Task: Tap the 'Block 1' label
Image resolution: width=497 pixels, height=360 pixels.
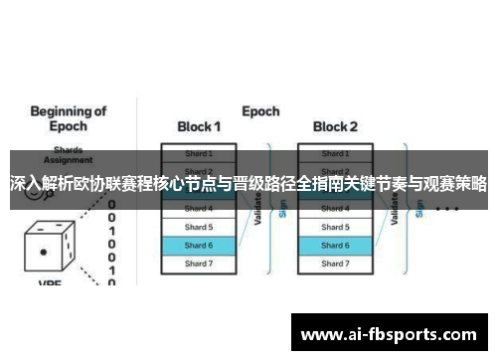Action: click(x=199, y=127)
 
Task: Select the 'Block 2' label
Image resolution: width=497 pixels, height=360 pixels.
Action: click(x=336, y=127)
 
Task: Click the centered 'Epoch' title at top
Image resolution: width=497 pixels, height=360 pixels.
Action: click(x=260, y=111)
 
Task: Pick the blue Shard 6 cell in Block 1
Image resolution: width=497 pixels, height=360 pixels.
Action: click(x=198, y=245)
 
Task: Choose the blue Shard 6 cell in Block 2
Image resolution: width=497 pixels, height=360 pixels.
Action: click(x=335, y=245)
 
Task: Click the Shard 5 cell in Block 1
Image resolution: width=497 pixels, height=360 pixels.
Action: click(x=198, y=227)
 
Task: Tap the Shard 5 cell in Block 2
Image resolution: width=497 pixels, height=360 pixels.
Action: click(x=335, y=227)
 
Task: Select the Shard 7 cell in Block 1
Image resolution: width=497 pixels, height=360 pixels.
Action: click(x=198, y=263)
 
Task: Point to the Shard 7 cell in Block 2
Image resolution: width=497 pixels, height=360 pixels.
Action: click(x=335, y=263)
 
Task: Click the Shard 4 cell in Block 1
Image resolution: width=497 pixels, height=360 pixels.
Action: click(x=198, y=209)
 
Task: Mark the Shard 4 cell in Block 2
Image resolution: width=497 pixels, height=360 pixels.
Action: click(x=335, y=209)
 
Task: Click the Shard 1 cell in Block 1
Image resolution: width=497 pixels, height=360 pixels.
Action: click(x=198, y=154)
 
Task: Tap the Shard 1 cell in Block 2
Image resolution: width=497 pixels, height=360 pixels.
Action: click(x=335, y=154)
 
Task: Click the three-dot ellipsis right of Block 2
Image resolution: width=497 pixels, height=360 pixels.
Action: click(x=447, y=209)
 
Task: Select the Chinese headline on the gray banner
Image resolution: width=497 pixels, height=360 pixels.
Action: click(x=248, y=183)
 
